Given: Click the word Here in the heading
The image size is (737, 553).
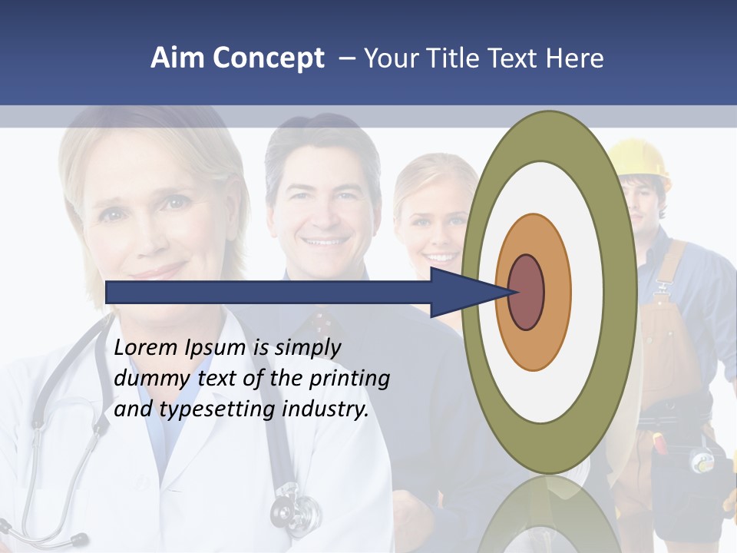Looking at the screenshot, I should point(576,58).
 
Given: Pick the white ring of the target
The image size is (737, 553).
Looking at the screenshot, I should point(587,292).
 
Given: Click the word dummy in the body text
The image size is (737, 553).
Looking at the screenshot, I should point(147,379).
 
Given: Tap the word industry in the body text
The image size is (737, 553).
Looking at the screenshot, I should point(326,409).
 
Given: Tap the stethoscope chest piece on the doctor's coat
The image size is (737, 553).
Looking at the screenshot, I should point(295,506).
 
